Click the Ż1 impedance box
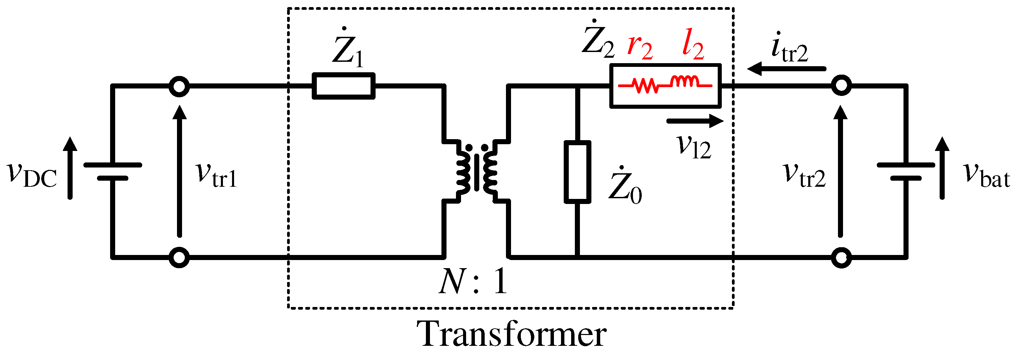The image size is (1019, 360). pos(343,86)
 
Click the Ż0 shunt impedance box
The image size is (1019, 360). pos(577,172)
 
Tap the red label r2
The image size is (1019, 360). pos(640,48)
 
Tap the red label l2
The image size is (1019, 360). pos(693,47)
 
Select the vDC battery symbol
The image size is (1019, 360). pos(113,172)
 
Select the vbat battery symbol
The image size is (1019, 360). pos(906,172)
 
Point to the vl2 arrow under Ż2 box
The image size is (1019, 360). pos(695,121)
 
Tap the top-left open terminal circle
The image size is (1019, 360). pos(179,86)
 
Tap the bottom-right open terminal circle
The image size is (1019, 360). pos(841,258)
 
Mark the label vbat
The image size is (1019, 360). pos(987,175)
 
